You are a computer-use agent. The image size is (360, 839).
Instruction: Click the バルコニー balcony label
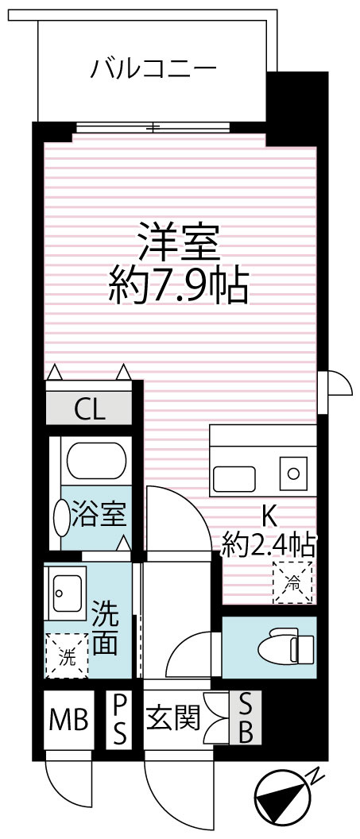(x=153, y=69)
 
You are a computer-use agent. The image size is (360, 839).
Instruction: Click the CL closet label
(x=89, y=411)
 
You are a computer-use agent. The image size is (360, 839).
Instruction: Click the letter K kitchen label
(x=270, y=516)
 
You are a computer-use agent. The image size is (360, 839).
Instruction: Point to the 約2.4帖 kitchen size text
(x=269, y=546)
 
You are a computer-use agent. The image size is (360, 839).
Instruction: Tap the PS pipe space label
(x=119, y=719)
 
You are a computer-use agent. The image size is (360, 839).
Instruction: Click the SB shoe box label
(x=246, y=718)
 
